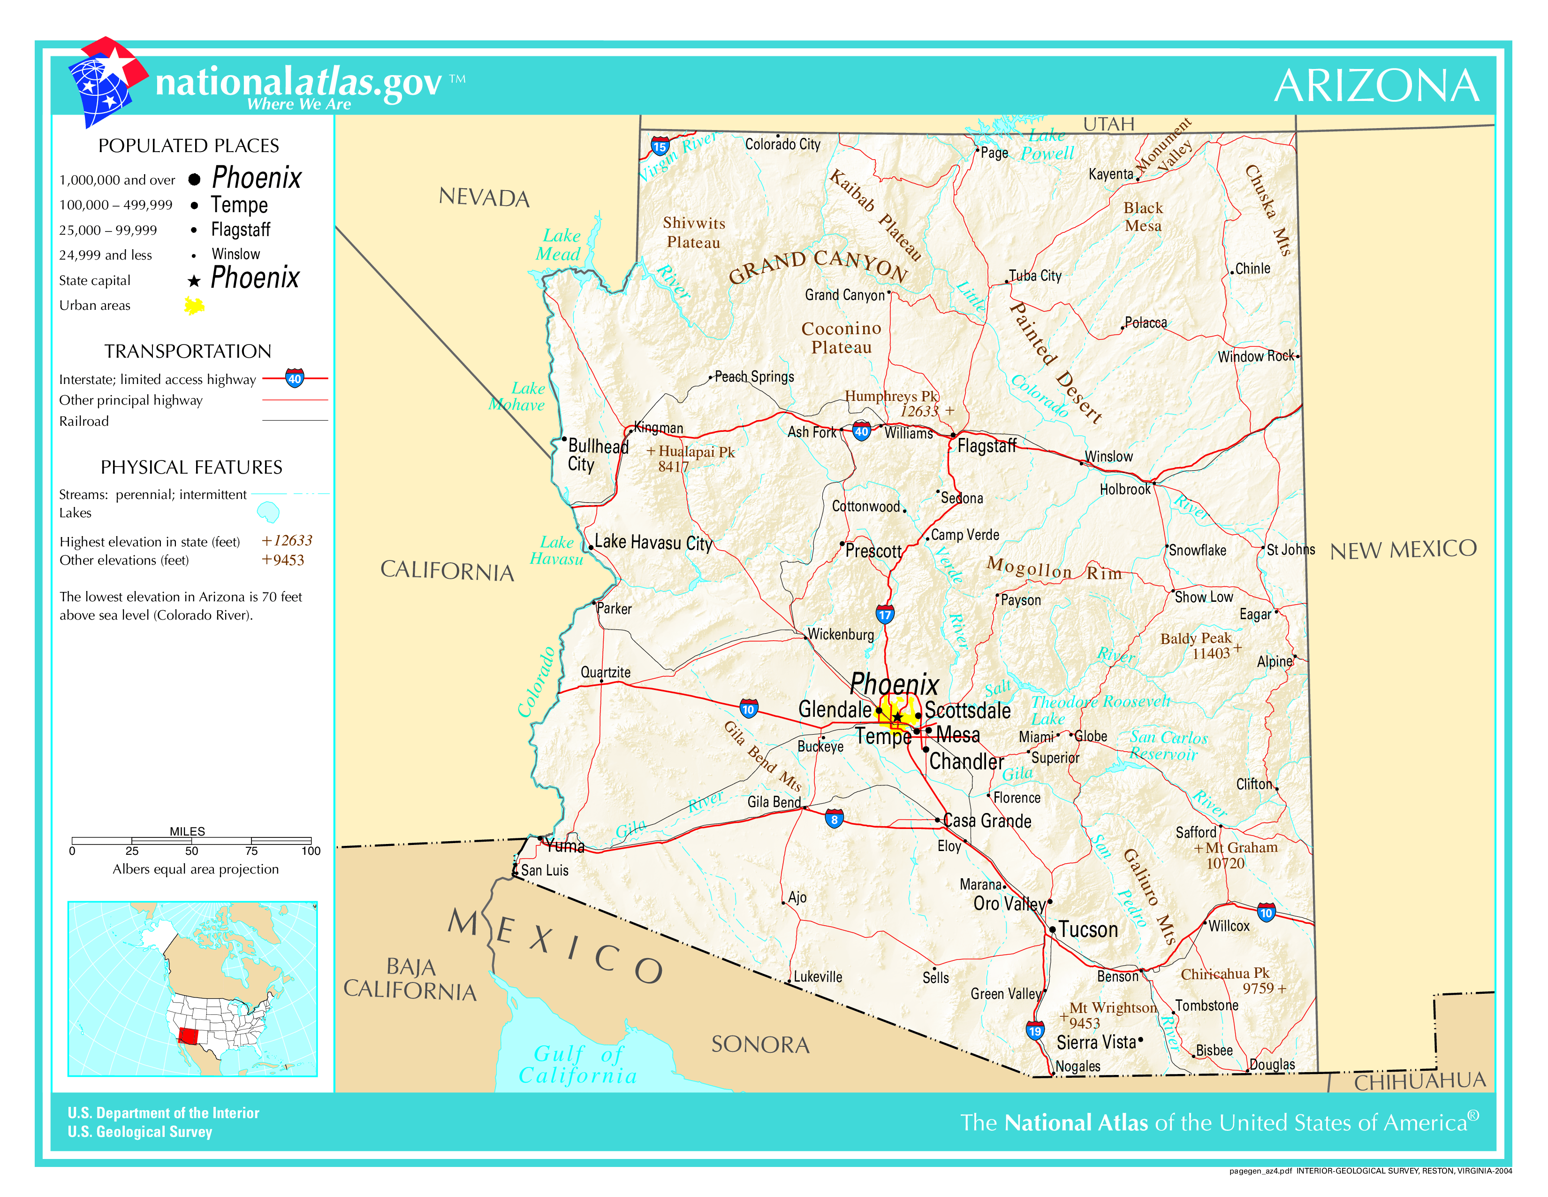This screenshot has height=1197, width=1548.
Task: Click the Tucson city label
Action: pos(1088,929)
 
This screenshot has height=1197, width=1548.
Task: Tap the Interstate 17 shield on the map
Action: pos(885,614)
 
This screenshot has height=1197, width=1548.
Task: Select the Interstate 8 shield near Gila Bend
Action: pos(834,819)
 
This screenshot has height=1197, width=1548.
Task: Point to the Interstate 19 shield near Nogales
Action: pos(1035,1030)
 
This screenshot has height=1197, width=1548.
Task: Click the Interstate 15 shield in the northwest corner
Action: pos(660,147)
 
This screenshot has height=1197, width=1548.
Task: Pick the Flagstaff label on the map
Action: pos(986,445)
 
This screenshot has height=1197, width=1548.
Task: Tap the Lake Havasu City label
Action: pos(653,543)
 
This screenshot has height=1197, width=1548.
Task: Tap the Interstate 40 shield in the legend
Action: pos(295,378)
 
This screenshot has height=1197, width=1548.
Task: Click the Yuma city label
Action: pos(565,845)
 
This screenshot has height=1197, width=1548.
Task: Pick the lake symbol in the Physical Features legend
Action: pos(268,511)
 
